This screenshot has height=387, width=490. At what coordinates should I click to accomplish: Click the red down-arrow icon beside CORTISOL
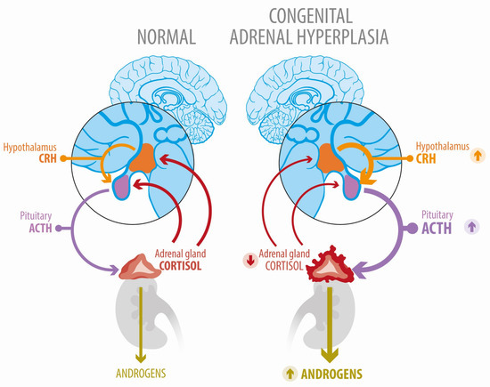[x=252, y=260]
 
